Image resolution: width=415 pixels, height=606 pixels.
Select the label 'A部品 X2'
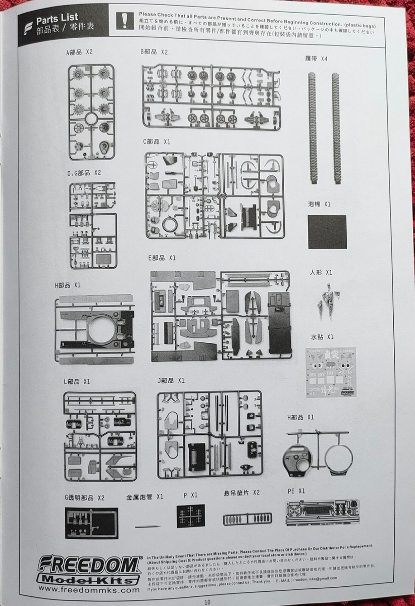point(79,53)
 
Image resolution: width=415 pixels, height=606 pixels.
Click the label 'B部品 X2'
point(154,52)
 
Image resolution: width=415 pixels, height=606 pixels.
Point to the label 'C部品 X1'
point(157,142)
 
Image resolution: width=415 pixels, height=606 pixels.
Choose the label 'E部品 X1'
point(162,258)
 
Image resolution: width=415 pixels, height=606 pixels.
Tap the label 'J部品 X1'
point(171,380)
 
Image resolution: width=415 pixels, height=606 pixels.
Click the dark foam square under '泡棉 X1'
point(327,232)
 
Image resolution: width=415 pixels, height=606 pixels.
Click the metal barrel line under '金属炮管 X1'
point(147,526)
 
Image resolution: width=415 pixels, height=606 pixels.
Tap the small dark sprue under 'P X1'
point(190,516)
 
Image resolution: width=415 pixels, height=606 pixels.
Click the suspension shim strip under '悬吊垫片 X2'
point(247,519)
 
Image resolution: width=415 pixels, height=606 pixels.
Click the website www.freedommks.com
point(89,589)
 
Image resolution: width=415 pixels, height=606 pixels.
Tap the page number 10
point(207,600)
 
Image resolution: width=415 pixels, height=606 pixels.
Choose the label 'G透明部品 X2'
point(84,497)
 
